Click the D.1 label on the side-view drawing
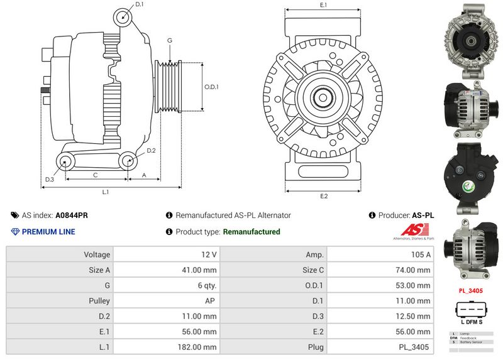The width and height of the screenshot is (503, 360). point(140,4)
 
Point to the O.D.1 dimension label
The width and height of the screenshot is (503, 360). point(212,87)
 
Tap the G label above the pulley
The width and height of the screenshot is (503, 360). point(170,40)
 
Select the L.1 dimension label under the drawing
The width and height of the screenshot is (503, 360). point(106,191)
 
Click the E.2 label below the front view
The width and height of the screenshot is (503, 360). point(324,197)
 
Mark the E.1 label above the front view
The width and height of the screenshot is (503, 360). point(323,5)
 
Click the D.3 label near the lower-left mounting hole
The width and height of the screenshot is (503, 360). point(50,180)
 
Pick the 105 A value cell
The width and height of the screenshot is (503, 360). point(420,254)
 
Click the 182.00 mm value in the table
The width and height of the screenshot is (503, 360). point(198,347)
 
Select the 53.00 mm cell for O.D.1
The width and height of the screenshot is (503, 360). point(414,285)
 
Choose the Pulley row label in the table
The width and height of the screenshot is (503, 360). point(99,301)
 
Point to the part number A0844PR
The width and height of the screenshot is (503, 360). point(72,215)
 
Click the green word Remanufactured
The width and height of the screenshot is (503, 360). point(251,232)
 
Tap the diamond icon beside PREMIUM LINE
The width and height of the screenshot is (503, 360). point(16,232)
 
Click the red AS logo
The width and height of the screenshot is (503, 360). point(414,230)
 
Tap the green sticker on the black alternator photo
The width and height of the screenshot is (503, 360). point(469,186)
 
